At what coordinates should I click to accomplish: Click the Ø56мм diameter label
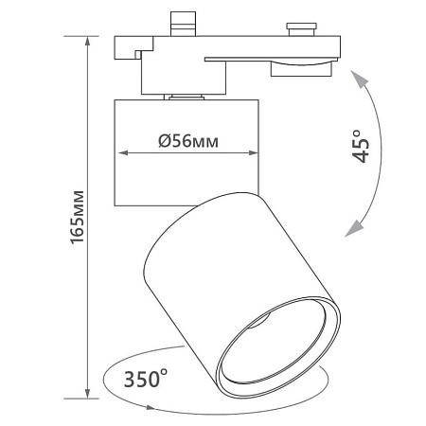pos(188,141)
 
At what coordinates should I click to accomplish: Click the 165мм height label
pos(78,217)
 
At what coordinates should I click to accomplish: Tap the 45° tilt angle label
pos(361,146)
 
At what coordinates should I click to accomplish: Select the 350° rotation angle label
pos(146,379)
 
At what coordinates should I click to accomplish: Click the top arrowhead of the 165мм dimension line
pos(87,41)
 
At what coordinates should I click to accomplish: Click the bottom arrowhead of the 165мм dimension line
pos(87,394)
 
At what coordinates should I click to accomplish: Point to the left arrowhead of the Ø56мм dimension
pos(123,153)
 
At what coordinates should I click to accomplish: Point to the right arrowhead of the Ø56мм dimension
pos(254,153)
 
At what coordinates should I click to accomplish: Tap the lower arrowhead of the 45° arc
pos(353,229)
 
